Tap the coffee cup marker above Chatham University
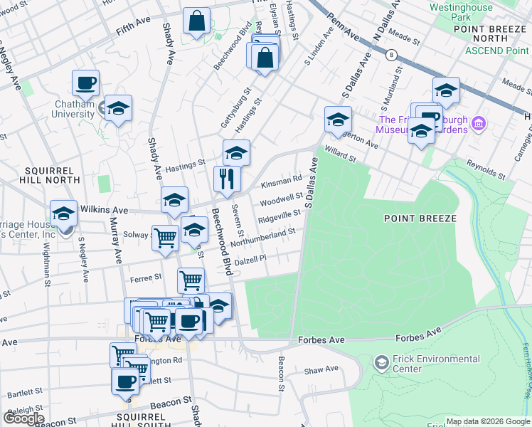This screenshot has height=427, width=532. click(85, 83)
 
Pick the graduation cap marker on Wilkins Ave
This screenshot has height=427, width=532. click(174, 201)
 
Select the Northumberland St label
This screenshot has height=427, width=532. click(262, 238)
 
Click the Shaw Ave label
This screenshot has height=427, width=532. click(321, 369)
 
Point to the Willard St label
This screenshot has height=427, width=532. click(339, 154)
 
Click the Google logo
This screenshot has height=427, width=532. click(23, 418)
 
